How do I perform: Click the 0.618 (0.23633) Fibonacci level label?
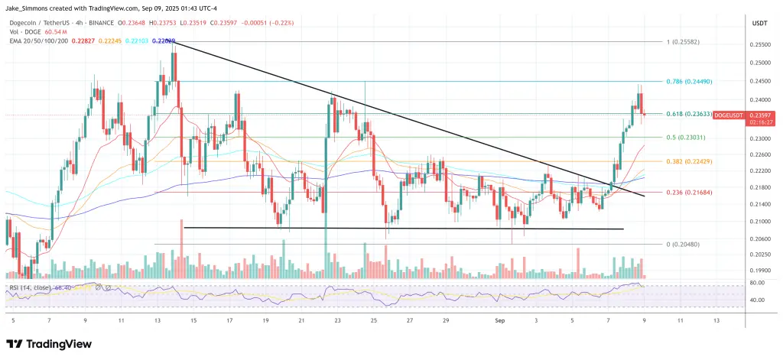(x=689, y=114)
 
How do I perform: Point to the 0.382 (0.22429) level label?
(x=690, y=161)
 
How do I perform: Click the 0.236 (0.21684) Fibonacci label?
(x=690, y=193)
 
